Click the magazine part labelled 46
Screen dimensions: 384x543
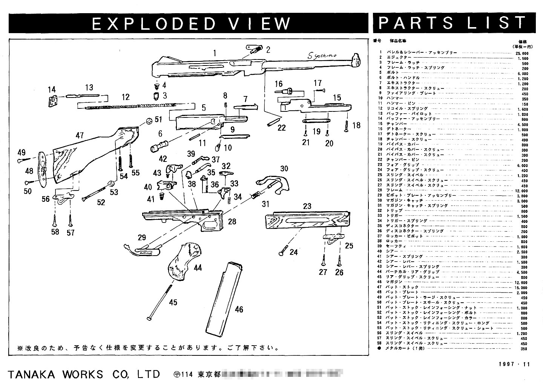222,297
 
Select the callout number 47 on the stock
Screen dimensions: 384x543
79,136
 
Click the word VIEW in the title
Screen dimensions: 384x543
266,23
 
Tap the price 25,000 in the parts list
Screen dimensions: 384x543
522,53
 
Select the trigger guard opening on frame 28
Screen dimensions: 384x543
210,224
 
